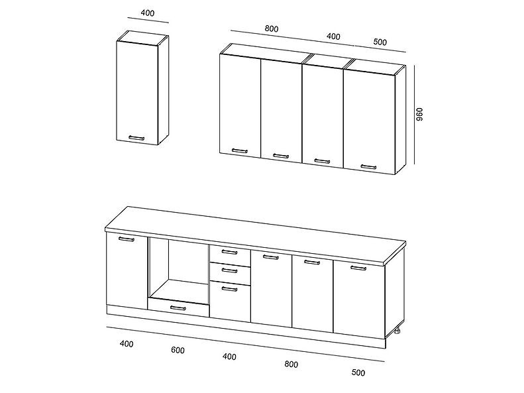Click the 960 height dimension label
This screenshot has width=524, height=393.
[419, 114]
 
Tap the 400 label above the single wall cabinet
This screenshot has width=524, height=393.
[147, 13]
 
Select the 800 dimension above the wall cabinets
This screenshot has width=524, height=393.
[272, 28]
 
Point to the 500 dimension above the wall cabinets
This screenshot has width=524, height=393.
[380, 42]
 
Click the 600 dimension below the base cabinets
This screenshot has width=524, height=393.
[178, 350]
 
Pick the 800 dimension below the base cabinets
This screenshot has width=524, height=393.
[291, 364]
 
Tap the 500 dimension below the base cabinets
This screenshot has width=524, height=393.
[358, 372]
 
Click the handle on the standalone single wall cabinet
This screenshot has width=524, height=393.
[136, 138]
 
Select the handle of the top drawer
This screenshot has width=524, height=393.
[229, 252]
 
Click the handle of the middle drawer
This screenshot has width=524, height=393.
[229, 270]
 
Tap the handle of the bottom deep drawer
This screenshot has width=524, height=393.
[229, 289]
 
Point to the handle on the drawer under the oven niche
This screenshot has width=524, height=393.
[178, 308]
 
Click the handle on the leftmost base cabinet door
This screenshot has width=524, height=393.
[127, 239]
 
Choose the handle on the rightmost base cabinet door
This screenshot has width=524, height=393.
[358, 268]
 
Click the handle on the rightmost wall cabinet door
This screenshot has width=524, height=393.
[368, 167]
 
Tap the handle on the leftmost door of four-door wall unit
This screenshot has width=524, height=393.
[240, 151]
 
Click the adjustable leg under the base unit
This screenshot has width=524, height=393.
[397, 331]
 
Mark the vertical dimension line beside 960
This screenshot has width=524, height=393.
[415, 115]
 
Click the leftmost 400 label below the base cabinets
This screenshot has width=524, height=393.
[127, 344]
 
